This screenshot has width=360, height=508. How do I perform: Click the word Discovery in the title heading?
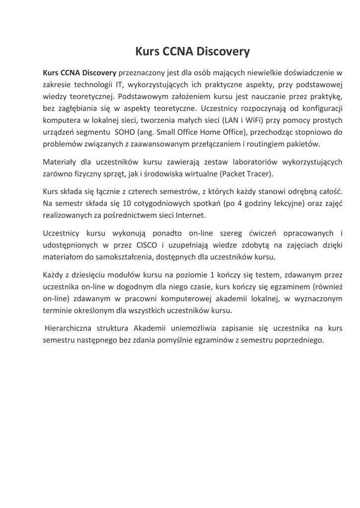click(x=223, y=51)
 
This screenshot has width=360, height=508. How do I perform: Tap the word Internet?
click(x=189, y=215)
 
